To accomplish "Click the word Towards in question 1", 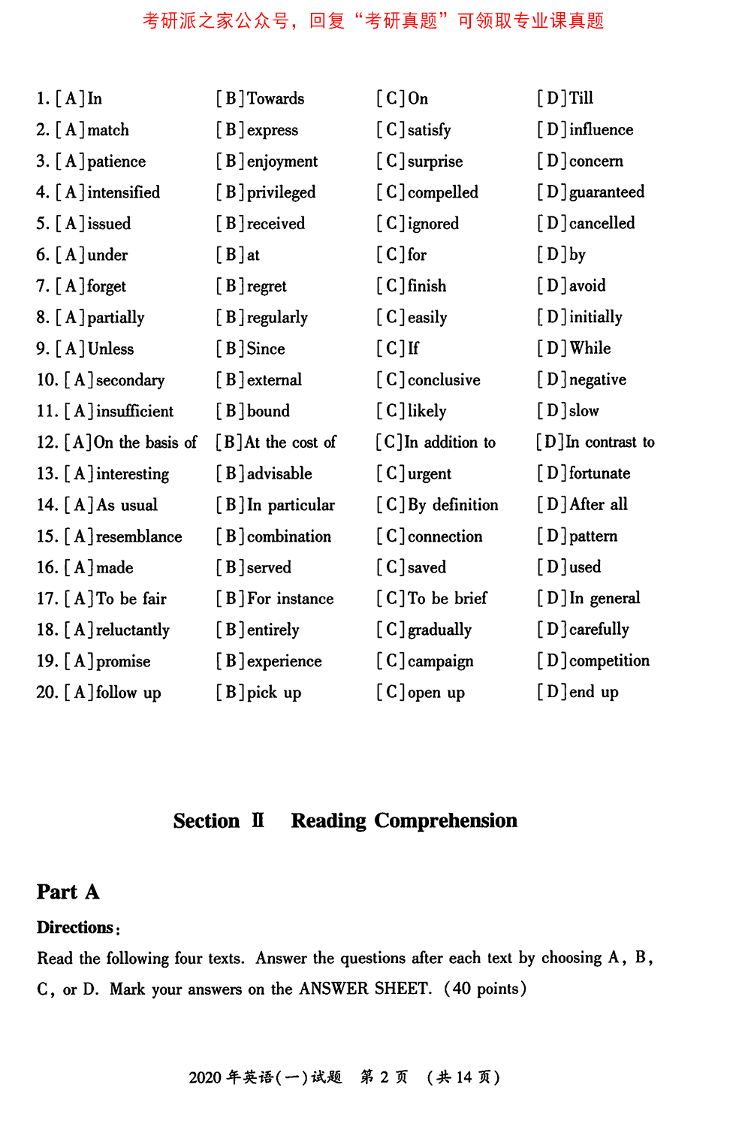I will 275,98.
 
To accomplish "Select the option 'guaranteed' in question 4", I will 606,192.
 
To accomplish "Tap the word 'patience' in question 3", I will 116,162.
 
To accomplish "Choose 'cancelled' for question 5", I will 602,223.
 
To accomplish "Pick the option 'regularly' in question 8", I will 277,318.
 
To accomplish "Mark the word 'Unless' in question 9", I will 110,349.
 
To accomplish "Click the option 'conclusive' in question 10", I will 444,380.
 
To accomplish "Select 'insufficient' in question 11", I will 134,412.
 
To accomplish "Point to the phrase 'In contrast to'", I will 610,443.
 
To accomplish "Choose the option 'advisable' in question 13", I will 279,474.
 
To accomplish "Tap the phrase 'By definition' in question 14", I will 453,505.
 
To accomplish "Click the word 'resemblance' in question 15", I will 139,536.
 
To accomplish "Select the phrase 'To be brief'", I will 447,599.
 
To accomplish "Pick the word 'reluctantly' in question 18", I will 132,630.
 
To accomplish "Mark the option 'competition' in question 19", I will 609,661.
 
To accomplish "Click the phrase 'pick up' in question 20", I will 273,693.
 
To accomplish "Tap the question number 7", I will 43,286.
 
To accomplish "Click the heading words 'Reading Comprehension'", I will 404,820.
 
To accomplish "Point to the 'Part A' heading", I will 68,892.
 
